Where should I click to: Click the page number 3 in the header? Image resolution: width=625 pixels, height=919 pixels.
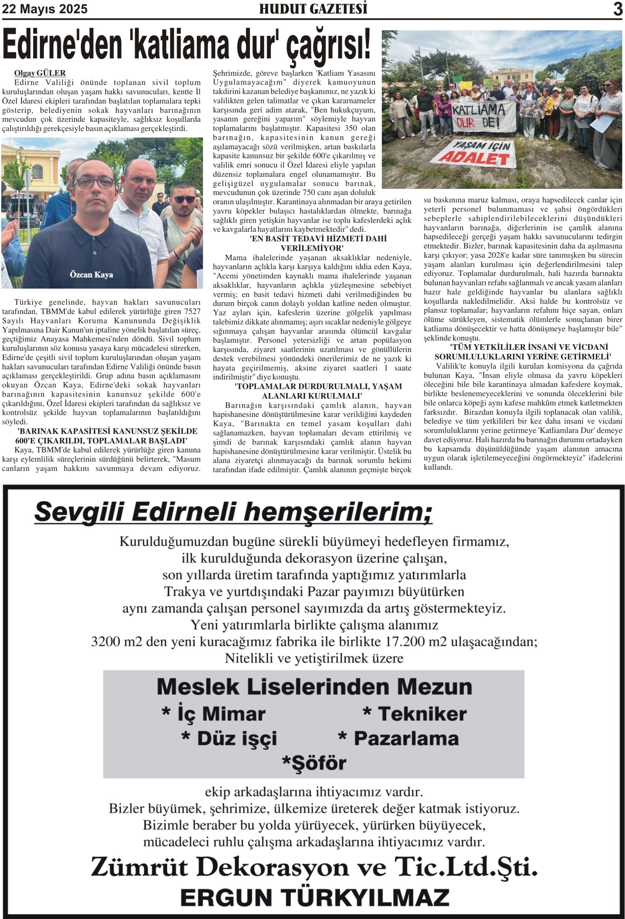pyautogui.click(x=617, y=9)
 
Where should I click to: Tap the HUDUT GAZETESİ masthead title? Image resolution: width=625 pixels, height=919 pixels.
pyautogui.click(x=313, y=9)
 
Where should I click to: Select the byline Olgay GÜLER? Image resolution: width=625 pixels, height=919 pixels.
pyautogui.click(x=40, y=73)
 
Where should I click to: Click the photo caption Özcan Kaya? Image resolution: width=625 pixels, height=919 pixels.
pyautogui.click(x=91, y=274)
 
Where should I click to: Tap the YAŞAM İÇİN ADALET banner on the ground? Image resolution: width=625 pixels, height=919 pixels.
pyautogui.click(x=474, y=152)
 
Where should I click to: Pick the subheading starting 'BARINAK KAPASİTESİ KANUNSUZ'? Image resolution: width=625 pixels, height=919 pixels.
pyautogui.click(x=102, y=436)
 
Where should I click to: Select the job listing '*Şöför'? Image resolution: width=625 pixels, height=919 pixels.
pyautogui.click(x=314, y=763)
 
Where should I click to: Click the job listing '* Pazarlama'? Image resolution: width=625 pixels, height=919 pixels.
pyautogui.click(x=398, y=738)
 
